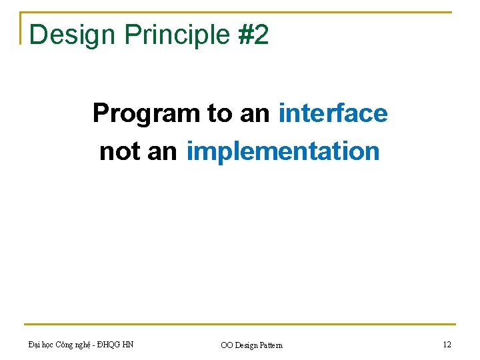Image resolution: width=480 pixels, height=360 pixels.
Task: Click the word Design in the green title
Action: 72,35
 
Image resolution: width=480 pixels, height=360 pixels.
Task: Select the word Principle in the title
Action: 177,35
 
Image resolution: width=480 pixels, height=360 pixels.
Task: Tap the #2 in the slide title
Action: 253,34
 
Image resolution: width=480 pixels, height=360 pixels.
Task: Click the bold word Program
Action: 146,114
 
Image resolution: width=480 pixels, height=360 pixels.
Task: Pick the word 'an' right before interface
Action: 255,115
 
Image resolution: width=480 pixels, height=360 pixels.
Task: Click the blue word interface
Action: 333,113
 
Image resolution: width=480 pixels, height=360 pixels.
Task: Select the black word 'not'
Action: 120,151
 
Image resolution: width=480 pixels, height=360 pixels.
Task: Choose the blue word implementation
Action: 283,151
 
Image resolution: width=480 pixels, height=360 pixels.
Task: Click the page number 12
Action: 447,345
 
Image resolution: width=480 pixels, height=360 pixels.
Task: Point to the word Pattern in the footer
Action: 271,345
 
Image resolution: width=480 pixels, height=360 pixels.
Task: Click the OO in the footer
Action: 227,345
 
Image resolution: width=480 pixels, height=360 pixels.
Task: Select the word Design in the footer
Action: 247,345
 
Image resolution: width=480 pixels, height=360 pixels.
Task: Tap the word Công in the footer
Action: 64,345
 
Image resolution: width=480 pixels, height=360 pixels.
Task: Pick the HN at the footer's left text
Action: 128,345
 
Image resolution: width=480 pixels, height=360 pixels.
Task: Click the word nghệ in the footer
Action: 82,345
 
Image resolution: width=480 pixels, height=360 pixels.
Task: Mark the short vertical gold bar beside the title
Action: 21,28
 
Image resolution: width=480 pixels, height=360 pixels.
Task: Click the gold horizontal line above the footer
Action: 240,324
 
